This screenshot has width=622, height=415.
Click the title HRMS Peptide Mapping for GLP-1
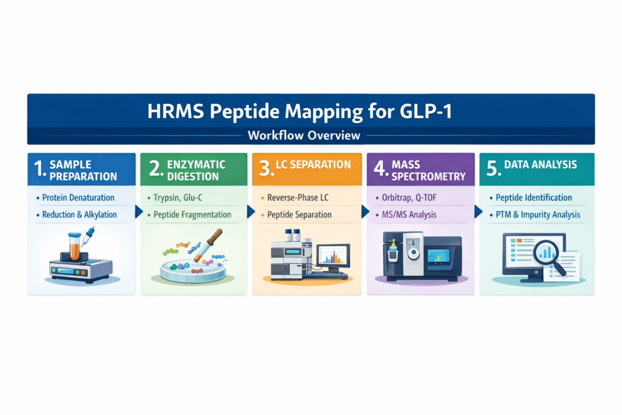click(x=310, y=112)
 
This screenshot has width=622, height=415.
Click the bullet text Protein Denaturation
click(x=78, y=197)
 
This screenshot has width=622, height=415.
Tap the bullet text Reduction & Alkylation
click(x=80, y=214)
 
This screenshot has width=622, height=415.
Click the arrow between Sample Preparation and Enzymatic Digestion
click(x=138, y=212)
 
